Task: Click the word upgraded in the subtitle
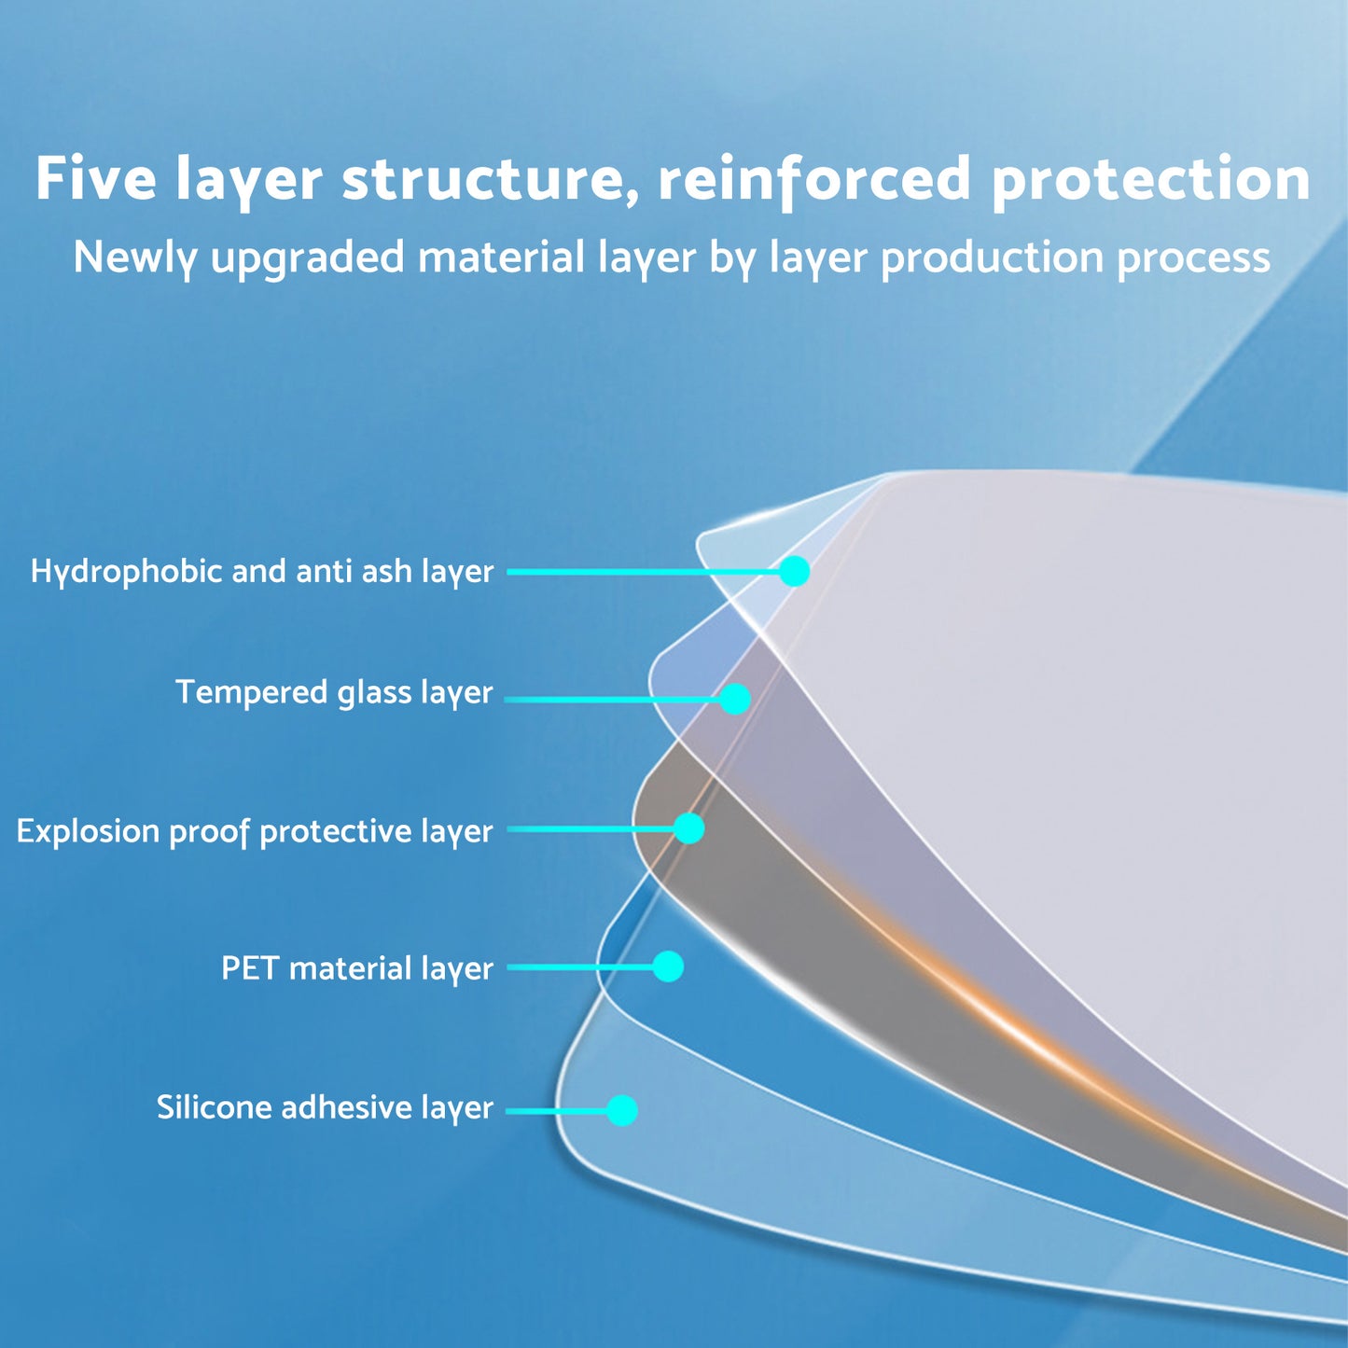[308, 257]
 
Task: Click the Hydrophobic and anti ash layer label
[262, 571]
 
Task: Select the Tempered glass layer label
[334, 692]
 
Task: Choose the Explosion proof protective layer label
[255, 831]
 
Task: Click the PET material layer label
[357, 968]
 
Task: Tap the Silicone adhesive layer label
[325, 1107]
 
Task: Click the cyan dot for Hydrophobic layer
[794, 571]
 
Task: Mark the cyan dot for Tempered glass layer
[735, 699]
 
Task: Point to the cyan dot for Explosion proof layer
[688, 828]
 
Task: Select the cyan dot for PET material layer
[668, 966]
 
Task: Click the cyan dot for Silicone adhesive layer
[621, 1110]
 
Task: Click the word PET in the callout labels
[248, 968]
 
